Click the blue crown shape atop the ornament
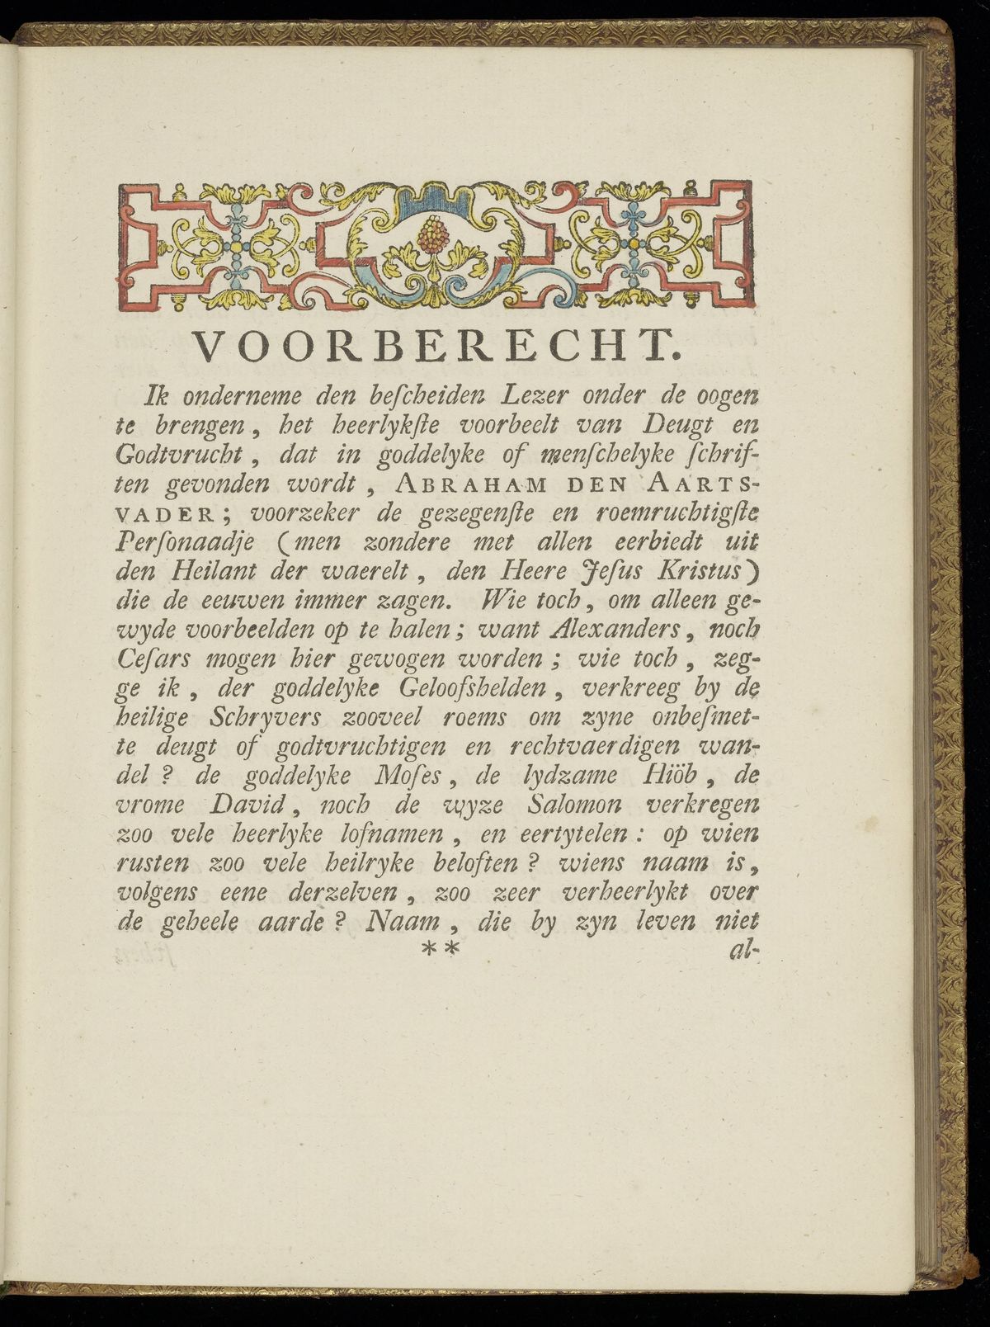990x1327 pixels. click(431, 195)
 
